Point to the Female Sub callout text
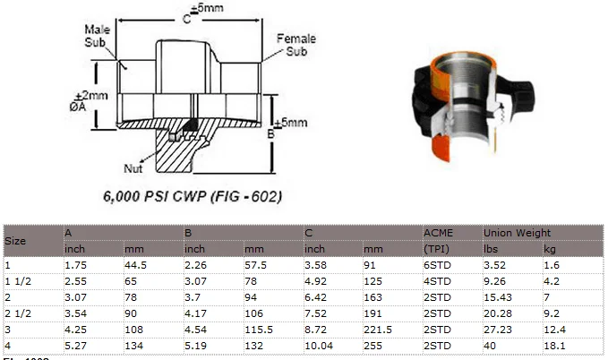pyautogui.click(x=295, y=45)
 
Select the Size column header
pyautogui.click(x=15, y=241)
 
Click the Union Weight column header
pyautogui.click(x=517, y=233)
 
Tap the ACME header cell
pyautogui.click(x=438, y=233)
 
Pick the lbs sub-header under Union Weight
pyautogui.click(x=490, y=248)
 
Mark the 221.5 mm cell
pyautogui.click(x=375, y=330)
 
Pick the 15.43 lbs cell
pyautogui.click(x=495, y=297)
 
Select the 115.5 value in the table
pyautogui.click(x=257, y=330)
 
